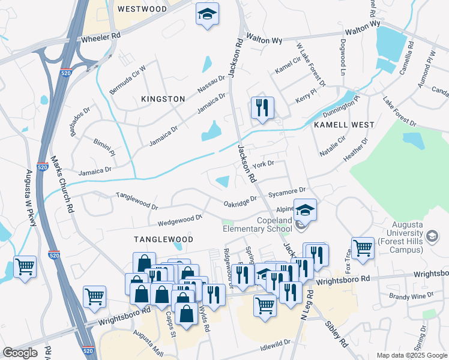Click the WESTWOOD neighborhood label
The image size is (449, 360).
point(142,9)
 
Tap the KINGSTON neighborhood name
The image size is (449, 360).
point(163,98)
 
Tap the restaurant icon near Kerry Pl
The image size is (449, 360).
point(262,109)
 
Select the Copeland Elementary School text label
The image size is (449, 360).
point(258,225)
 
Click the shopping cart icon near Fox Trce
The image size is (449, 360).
point(363,248)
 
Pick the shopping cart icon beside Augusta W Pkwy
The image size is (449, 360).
point(25,267)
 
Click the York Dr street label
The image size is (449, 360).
point(263,164)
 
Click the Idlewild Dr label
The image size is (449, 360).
point(276,342)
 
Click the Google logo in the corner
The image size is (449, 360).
point(20,353)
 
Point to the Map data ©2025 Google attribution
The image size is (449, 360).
point(411,355)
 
